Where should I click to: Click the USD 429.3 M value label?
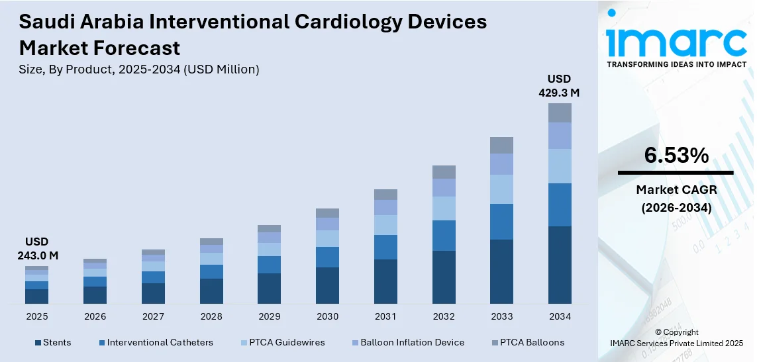pyautogui.click(x=559, y=86)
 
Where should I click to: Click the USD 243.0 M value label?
pyautogui.click(x=37, y=248)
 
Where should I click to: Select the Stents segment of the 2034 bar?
pyautogui.click(x=560, y=265)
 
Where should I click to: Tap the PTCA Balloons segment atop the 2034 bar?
pyautogui.click(x=560, y=113)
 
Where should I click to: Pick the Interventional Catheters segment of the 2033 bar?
pyautogui.click(x=501, y=222)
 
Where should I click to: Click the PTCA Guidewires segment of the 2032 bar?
pyautogui.click(x=444, y=208)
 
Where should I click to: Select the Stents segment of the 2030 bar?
pyautogui.click(x=327, y=285)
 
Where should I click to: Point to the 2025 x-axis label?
pyautogui.click(x=37, y=317)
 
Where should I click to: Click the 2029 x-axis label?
pyautogui.click(x=270, y=317)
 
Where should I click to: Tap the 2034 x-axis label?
pyautogui.click(x=560, y=317)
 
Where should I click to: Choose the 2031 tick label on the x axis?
pyautogui.click(x=385, y=317)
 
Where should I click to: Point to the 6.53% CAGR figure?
pyautogui.click(x=676, y=156)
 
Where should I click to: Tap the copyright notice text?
pyautogui.click(x=676, y=338)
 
